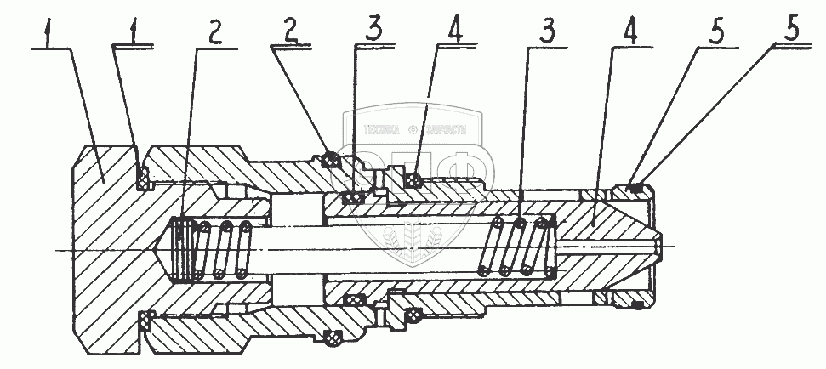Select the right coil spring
516,246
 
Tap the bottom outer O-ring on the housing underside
334,338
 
